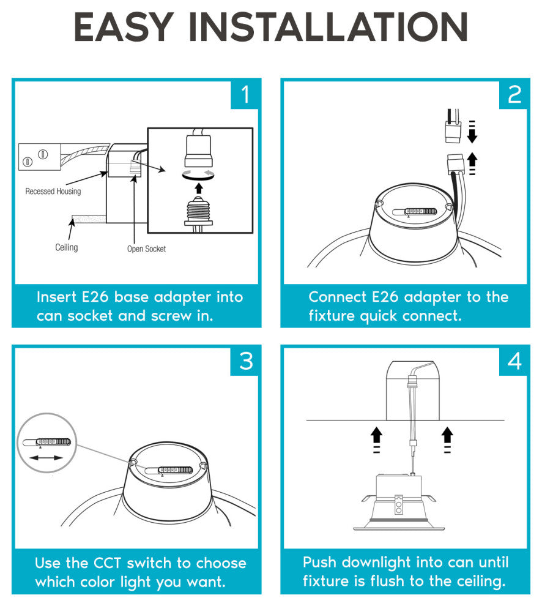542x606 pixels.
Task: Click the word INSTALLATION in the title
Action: pos(328,27)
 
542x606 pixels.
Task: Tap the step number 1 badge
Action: pos(245,94)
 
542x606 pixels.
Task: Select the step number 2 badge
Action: pos(513,94)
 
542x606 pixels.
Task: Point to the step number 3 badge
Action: pos(245,361)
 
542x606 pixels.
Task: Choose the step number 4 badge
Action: pos(513,361)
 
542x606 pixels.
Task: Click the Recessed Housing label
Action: pos(53,192)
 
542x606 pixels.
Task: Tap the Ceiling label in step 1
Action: pos(67,247)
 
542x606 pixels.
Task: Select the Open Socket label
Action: pos(146,249)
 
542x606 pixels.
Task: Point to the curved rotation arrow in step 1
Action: pos(198,177)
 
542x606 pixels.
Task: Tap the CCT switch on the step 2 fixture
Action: pos(415,212)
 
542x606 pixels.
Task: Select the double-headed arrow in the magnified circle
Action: pos(46,458)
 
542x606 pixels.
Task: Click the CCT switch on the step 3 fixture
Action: pos(169,470)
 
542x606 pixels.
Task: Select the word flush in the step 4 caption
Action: pos(387,581)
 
